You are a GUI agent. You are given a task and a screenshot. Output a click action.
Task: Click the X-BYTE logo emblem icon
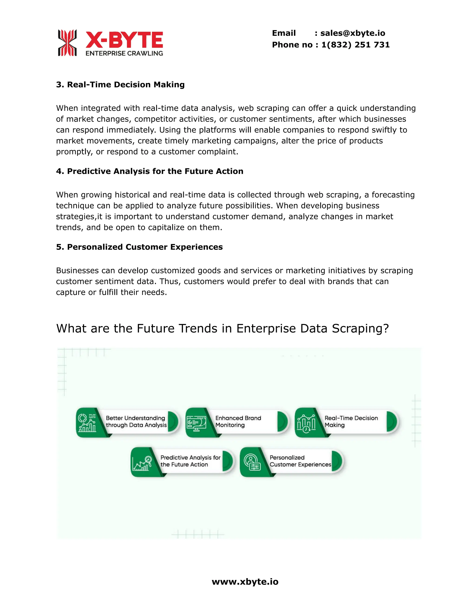pyautogui.click(x=67, y=43)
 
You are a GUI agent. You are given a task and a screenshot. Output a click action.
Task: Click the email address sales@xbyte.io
pyautogui.click(x=353, y=33)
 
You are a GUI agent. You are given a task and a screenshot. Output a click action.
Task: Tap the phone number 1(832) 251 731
pyautogui.click(x=355, y=45)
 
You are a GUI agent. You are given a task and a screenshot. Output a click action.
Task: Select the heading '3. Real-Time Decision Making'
pyautogui.click(x=120, y=85)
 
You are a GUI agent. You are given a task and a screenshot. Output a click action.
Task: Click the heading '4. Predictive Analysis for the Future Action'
pyautogui.click(x=149, y=171)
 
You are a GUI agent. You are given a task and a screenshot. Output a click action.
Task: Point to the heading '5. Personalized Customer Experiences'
pyautogui.click(x=139, y=247)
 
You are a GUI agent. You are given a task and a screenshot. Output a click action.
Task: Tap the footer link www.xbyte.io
pyautogui.click(x=245, y=582)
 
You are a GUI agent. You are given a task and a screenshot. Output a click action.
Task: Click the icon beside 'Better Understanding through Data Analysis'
pyautogui.click(x=87, y=423)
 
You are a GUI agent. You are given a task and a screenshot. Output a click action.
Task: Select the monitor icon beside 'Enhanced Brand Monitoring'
pyautogui.click(x=197, y=423)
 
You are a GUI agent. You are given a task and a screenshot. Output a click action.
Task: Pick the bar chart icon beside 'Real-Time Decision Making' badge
pyautogui.click(x=306, y=423)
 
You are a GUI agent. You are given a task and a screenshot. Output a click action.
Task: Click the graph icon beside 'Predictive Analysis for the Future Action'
pyautogui.click(x=142, y=462)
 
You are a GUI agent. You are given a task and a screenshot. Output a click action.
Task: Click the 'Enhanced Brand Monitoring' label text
pyautogui.click(x=238, y=422)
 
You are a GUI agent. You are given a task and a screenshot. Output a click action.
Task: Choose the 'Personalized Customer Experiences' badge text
pyautogui.click(x=300, y=461)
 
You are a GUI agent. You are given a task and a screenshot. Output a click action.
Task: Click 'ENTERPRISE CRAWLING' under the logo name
pyautogui.click(x=124, y=53)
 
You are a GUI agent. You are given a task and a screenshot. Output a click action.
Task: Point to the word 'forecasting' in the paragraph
pyautogui.click(x=393, y=195)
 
